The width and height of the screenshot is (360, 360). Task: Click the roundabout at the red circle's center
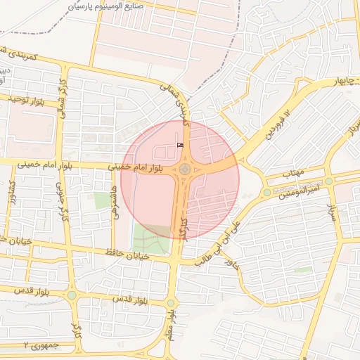tap(185, 169)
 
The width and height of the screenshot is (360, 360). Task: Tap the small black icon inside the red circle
tap(180, 145)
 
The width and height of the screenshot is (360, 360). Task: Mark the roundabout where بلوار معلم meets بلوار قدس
tap(170, 303)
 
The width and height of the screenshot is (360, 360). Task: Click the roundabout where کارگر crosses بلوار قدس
tap(72, 295)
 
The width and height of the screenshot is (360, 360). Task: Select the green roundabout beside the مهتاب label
tap(266, 192)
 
